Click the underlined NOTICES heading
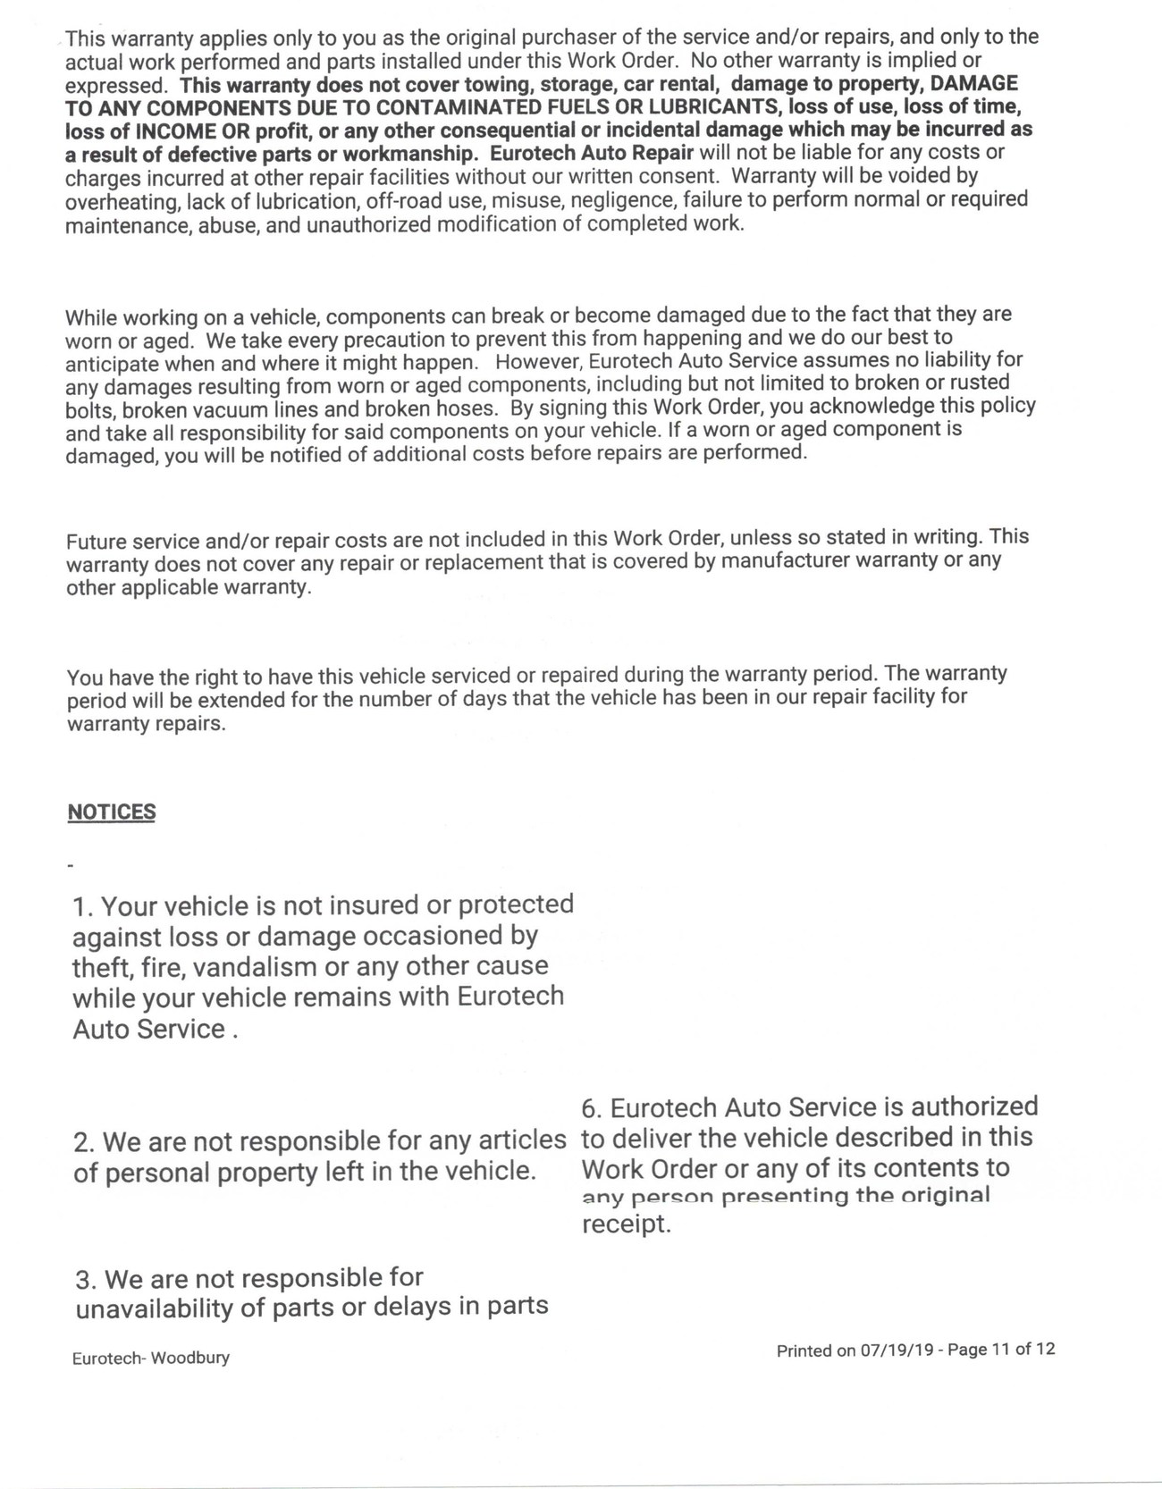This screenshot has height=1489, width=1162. tap(112, 812)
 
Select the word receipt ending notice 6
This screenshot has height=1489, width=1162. tap(625, 1224)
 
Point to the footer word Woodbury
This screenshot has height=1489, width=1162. tap(189, 1359)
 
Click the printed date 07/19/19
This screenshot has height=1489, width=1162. tap(897, 1350)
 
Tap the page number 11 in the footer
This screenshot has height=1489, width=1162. tap(1001, 1350)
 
